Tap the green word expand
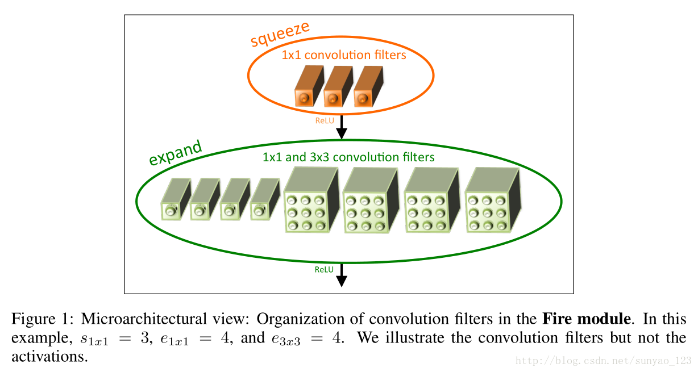[x=175, y=153]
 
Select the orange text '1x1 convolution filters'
[x=343, y=55]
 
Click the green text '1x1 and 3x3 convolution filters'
[x=348, y=157]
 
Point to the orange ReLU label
[x=325, y=120]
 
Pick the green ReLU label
[x=324, y=269]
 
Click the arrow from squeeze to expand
[x=341, y=127]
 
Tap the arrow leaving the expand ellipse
[x=341, y=275]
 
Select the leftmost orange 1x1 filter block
[x=308, y=87]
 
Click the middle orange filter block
[x=337, y=87]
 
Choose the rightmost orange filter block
[x=367, y=87]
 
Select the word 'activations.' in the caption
[x=49, y=357]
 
